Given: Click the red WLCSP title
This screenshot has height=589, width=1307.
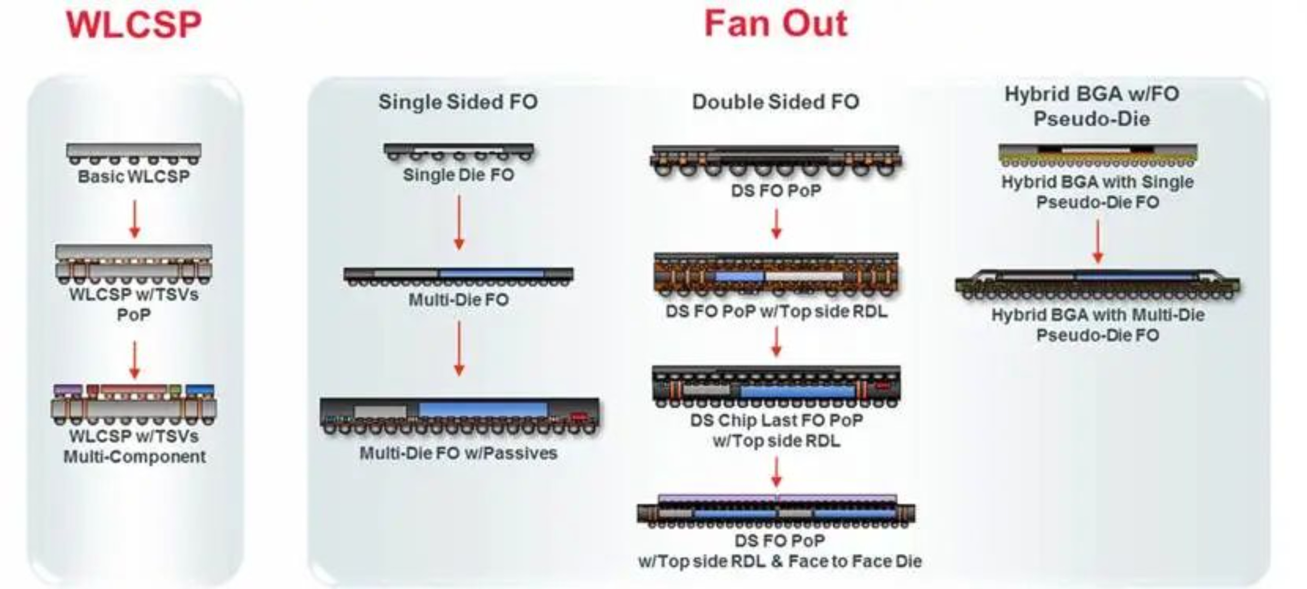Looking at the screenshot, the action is click(x=134, y=24).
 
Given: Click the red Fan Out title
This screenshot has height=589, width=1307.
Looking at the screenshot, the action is click(x=776, y=24).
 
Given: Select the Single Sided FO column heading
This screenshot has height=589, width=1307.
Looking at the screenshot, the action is click(x=458, y=102).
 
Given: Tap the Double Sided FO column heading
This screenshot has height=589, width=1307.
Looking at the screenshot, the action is click(x=776, y=102).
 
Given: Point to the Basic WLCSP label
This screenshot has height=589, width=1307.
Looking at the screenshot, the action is click(x=134, y=176).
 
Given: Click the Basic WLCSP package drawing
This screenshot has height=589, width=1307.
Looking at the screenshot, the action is click(x=134, y=154).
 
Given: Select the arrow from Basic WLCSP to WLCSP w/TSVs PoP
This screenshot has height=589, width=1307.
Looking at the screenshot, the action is click(x=135, y=219).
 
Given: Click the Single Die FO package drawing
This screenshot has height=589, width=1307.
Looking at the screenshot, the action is click(x=459, y=152).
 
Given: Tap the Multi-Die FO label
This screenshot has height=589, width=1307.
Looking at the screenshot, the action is click(x=459, y=299).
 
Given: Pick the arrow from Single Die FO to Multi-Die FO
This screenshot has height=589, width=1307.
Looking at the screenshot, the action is click(x=459, y=223).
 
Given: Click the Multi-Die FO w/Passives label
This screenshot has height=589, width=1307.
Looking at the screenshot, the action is click(x=459, y=453).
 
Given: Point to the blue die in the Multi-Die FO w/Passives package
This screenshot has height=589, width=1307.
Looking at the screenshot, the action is click(x=483, y=410).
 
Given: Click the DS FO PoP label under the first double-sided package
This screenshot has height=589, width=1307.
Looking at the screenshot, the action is click(x=776, y=190).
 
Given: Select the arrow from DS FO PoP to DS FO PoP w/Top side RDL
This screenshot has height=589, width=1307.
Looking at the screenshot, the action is click(x=776, y=224).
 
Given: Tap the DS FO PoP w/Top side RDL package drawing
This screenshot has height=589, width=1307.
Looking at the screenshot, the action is click(x=776, y=274).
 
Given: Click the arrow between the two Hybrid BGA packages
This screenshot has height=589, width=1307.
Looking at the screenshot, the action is click(x=1097, y=241).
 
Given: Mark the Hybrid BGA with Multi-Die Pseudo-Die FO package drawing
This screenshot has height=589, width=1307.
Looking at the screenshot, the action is click(x=1097, y=284).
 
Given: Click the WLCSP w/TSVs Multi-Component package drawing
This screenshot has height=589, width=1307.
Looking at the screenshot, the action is click(x=134, y=405).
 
